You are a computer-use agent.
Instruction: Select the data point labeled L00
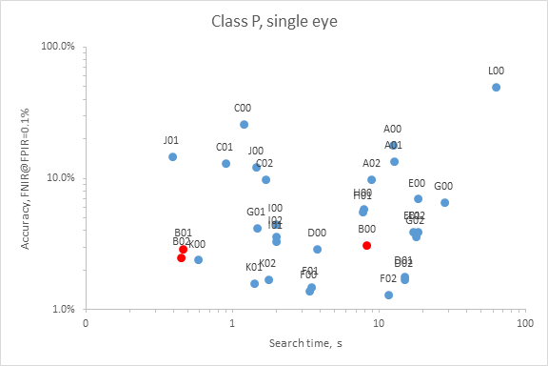pyautogui.click(x=496, y=87)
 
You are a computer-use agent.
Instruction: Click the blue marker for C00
pyautogui.click(x=244, y=124)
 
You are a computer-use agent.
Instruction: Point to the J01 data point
pyautogui.click(x=172, y=156)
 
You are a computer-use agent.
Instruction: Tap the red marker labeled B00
pyautogui.click(x=366, y=245)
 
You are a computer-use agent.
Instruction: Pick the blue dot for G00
pyautogui.click(x=444, y=202)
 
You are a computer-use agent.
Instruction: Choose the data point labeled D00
pyautogui.click(x=317, y=249)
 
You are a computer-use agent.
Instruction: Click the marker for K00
pyautogui.click(x=198, y=259)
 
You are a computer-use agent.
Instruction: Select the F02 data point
pyautogui.click(x=388, y=295)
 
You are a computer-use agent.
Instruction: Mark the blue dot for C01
pyautogui.click(x=225, y=163)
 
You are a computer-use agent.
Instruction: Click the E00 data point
pyautogui.click(x=418, y=198)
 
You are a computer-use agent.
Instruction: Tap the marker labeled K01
pyautogui.click(x=254, y=283)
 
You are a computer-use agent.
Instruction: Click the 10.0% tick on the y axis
pyautogui.click(x=62, y=177)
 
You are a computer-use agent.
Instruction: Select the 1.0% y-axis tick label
pyautogui.click(x=64, y=309)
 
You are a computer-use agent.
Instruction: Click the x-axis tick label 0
pyautogui.click(x=87, y=324)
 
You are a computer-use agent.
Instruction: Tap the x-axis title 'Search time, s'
pyautogui.click(x=304, y=342)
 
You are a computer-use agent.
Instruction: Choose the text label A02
pyautogui.click(x=371, y=163)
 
